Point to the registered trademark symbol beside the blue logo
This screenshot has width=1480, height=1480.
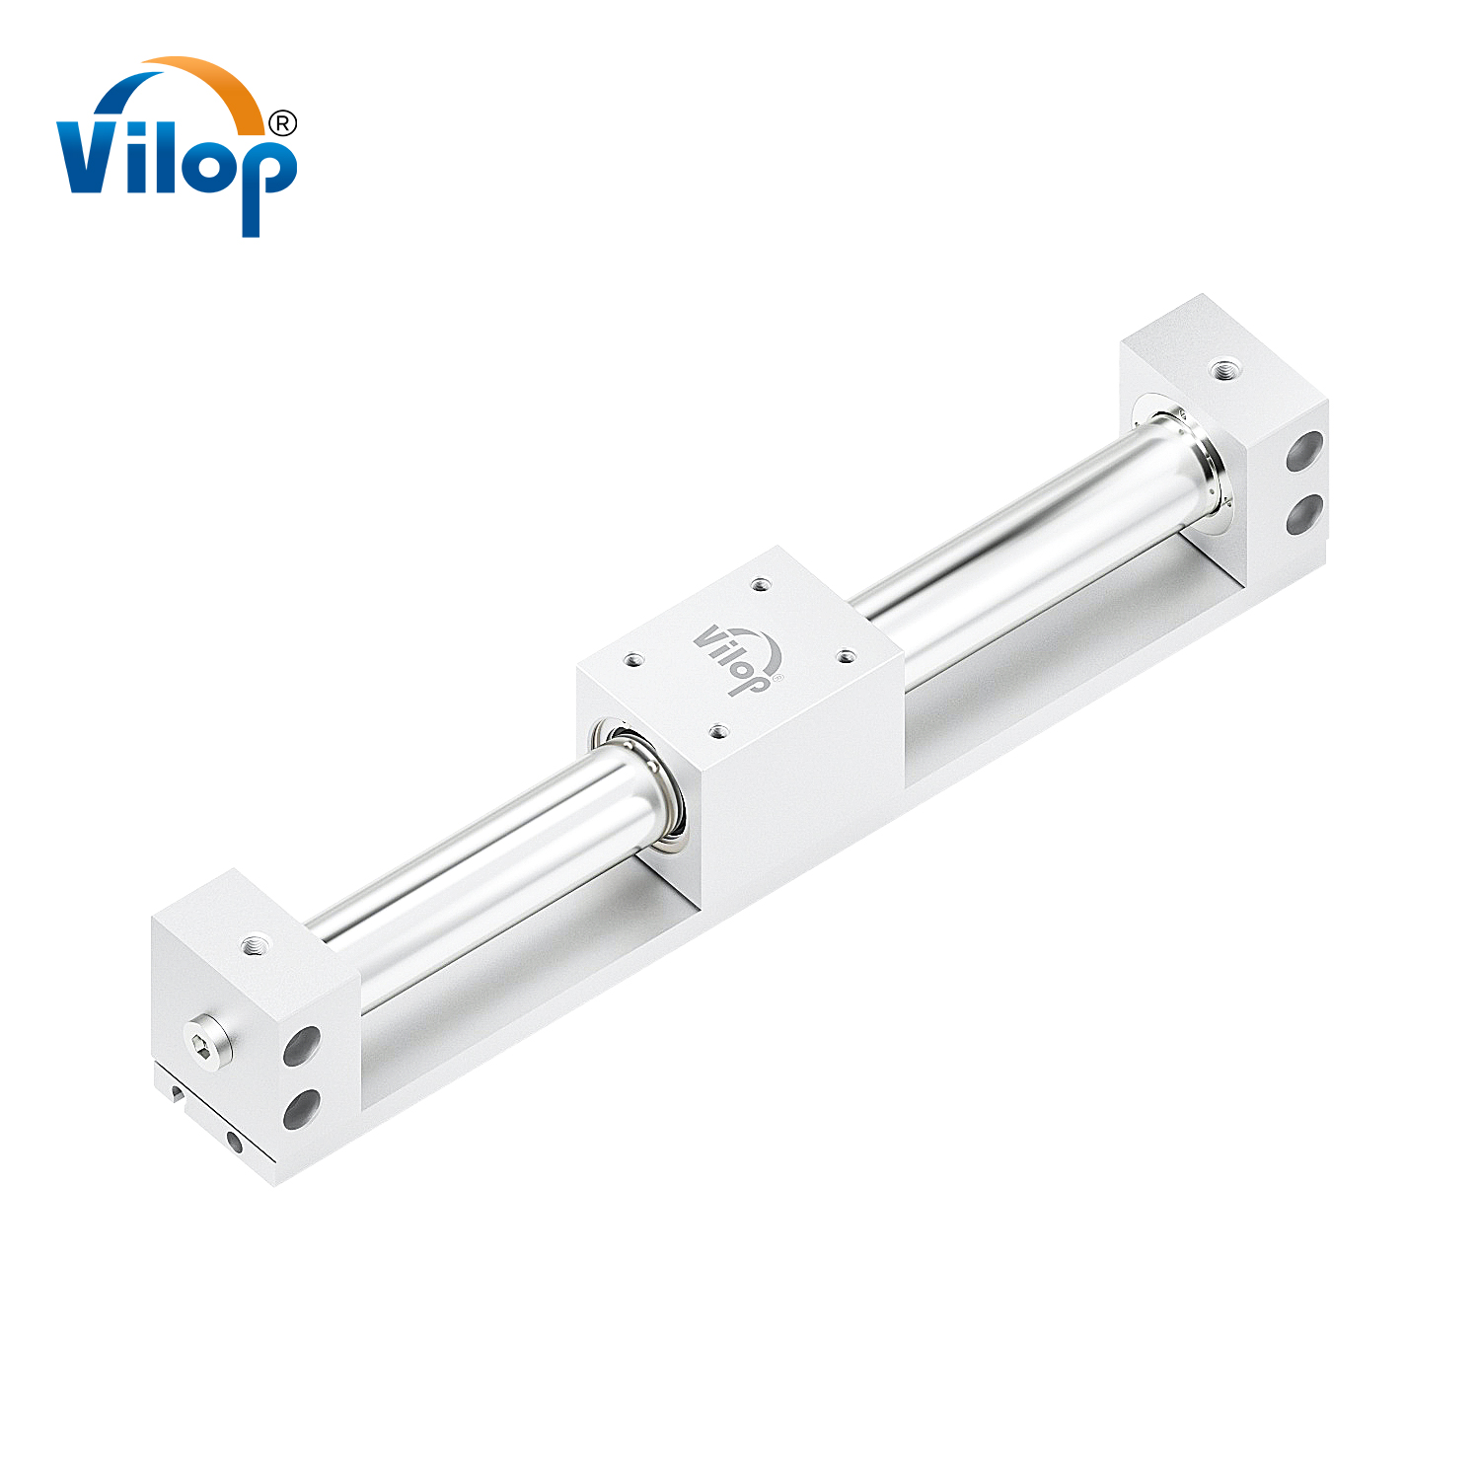point(282,122)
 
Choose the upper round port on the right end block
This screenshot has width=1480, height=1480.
point(1305,452)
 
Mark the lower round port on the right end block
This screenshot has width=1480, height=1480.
point(1305,514)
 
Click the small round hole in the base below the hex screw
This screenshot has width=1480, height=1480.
point(234,1142)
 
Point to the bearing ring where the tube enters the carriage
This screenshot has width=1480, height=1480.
point(639,784)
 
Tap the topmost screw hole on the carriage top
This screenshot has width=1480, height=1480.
point(759,585)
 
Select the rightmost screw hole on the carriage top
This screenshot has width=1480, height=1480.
point(845,654)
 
